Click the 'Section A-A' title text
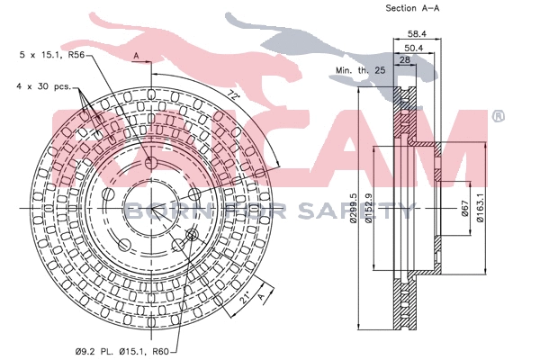[400, 9]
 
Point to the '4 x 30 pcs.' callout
[41, 86]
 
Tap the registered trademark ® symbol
[498, 116]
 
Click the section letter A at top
[136, 56]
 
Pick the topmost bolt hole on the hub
[150, 162]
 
